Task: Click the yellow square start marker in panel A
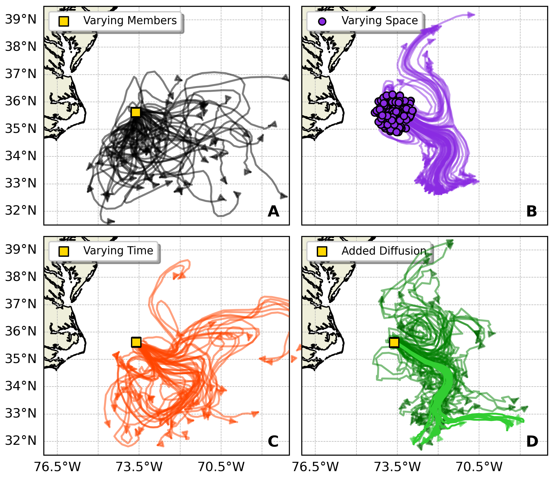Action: coord(136,112)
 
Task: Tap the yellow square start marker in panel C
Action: coord(136,342)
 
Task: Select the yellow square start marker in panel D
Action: coord(394,342)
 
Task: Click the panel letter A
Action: coord(273,212)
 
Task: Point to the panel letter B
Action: coord(531,212)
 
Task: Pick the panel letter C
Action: coord(273,441)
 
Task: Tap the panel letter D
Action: coord(532,441)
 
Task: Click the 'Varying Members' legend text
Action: coord(130,20)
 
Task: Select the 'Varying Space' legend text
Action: coord(380,20)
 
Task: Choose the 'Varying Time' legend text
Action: coord(118,251)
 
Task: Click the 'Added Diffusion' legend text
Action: coord(384,251)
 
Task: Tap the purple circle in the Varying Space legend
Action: coord(322,21)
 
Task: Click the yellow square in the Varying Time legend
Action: coord(64,251)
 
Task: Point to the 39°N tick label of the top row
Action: coord(21,20)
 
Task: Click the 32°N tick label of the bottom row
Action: coord(21,440)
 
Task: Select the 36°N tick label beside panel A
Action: coord(21,101)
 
